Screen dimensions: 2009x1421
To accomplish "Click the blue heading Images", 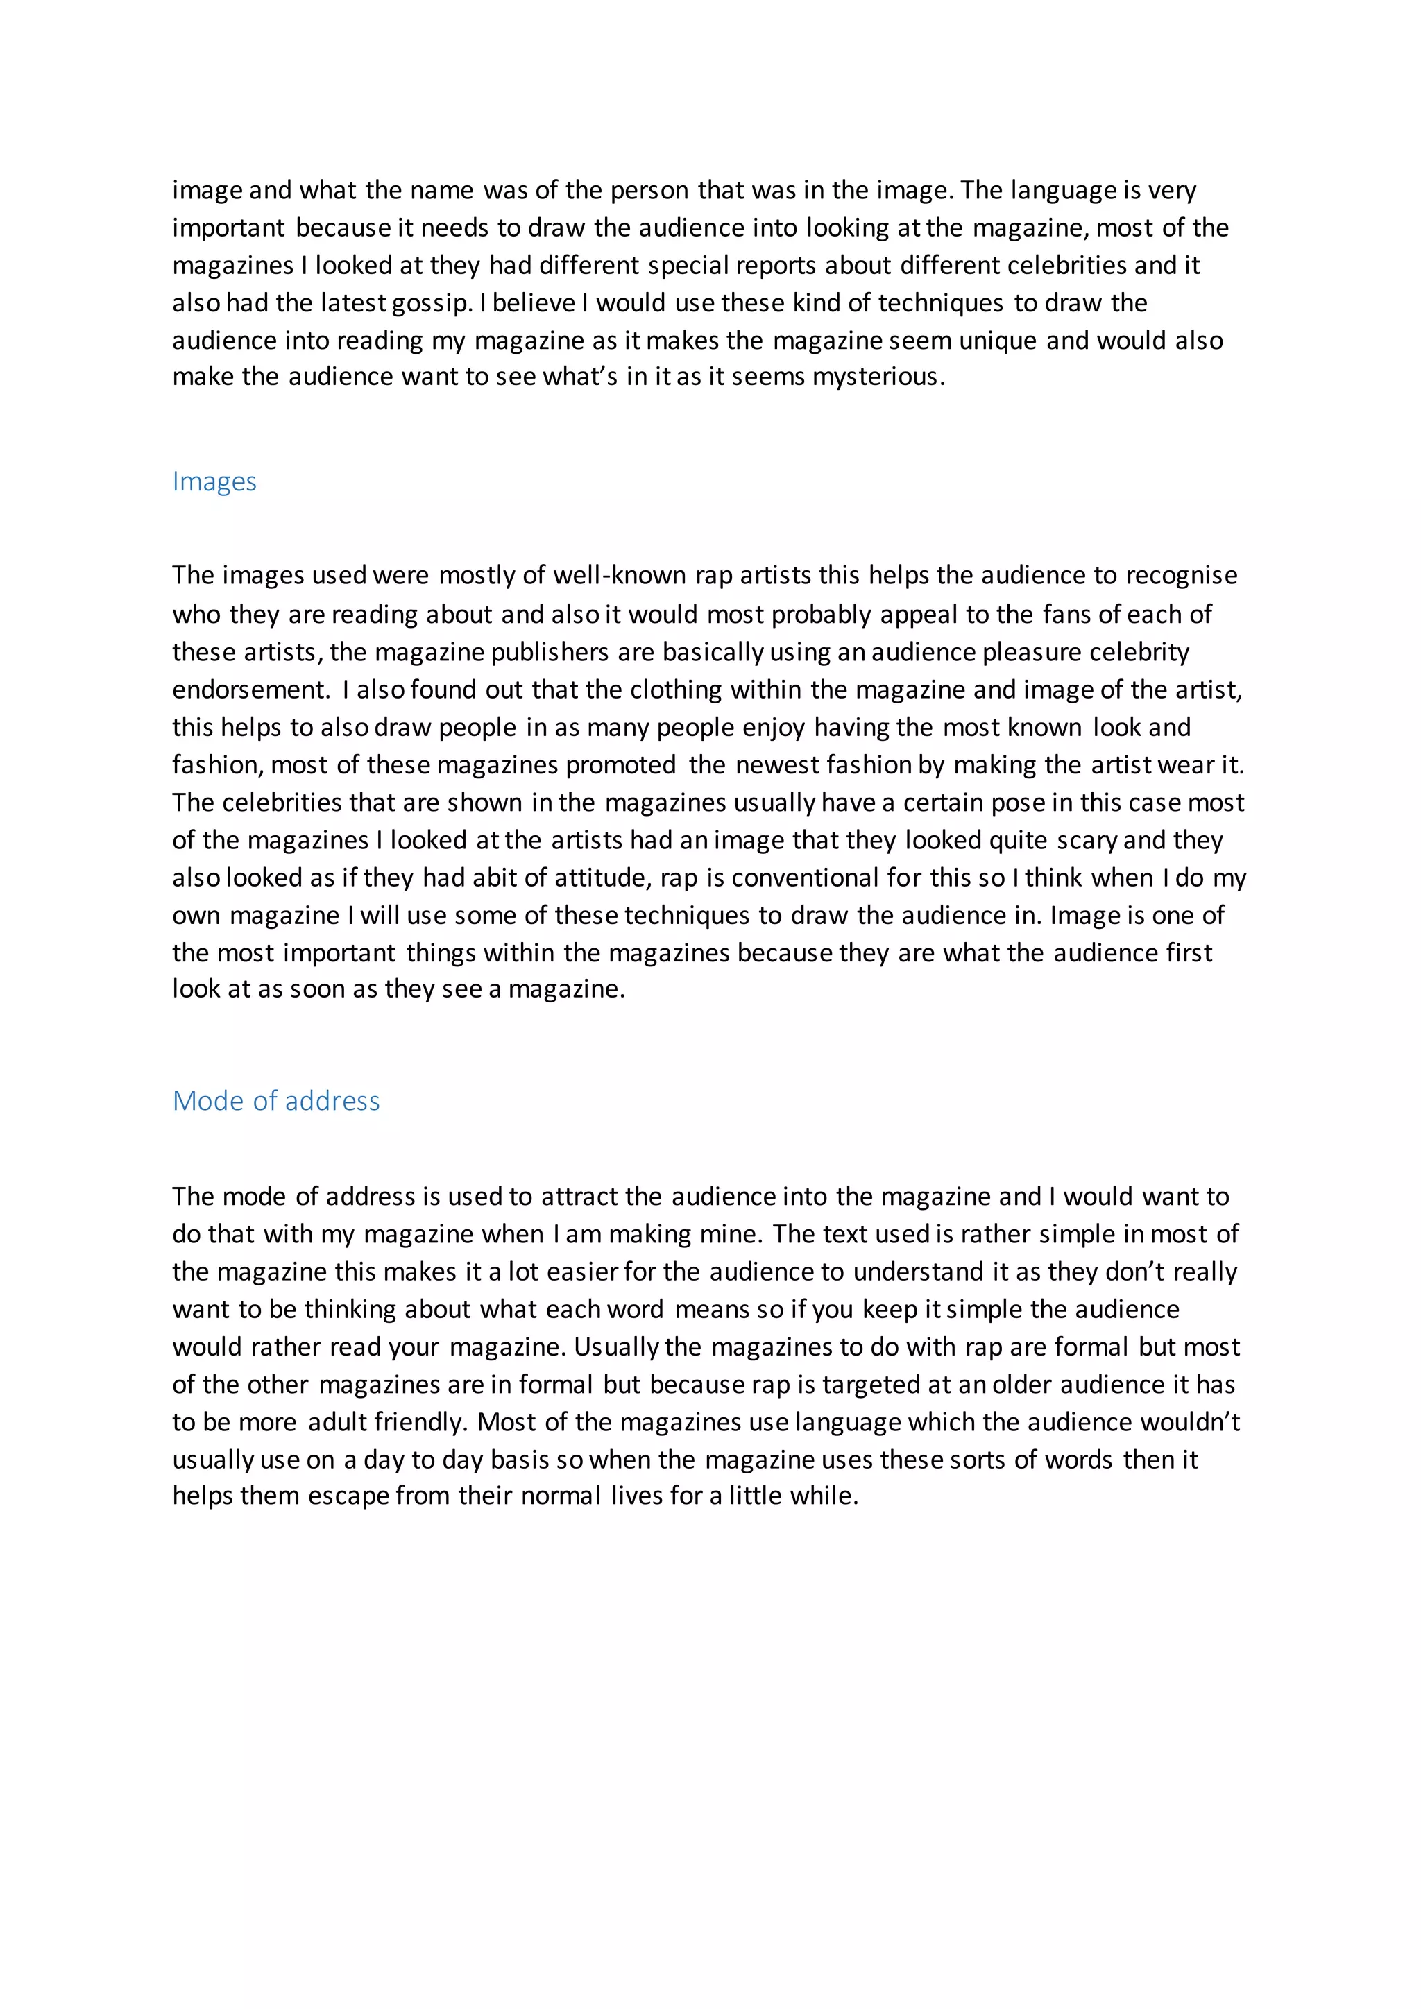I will click(214, 482).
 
